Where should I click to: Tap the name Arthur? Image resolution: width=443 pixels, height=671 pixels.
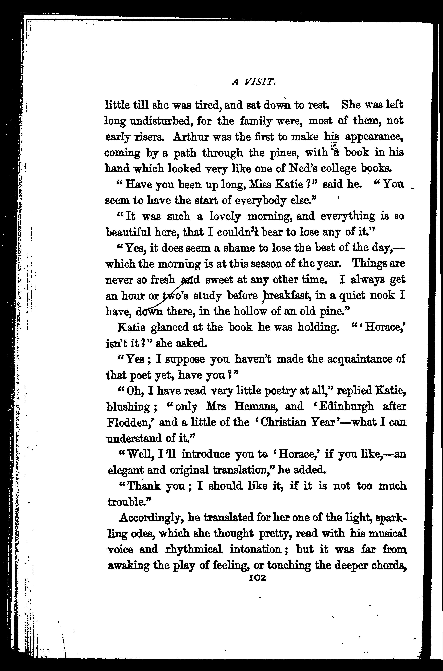point(190,137)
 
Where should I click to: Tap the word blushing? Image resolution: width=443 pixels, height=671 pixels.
point(128,407)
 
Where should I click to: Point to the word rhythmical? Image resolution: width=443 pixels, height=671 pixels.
point(193,549)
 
